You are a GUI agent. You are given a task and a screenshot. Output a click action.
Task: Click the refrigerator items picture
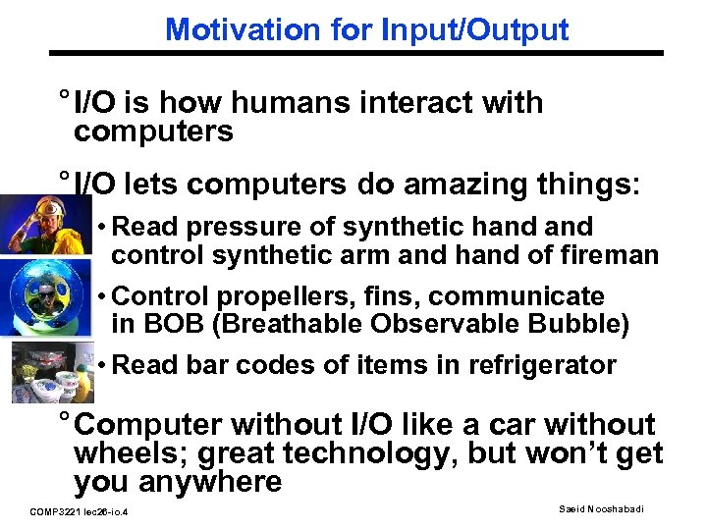[x=39, y=370]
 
